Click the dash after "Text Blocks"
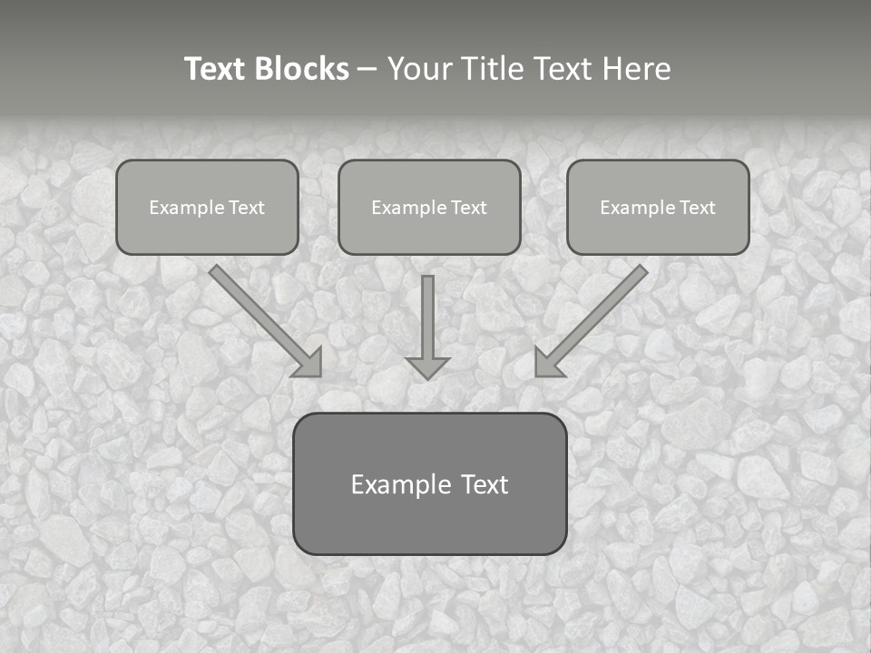[x=367, y=70]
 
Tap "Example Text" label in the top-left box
[x=207, y=208]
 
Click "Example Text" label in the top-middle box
[x=429, y=208]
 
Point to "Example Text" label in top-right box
[x=658, y=208]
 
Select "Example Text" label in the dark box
[x=429, y=484]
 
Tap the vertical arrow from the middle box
[x=427, y=317]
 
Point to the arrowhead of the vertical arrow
[x=427, y=367]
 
